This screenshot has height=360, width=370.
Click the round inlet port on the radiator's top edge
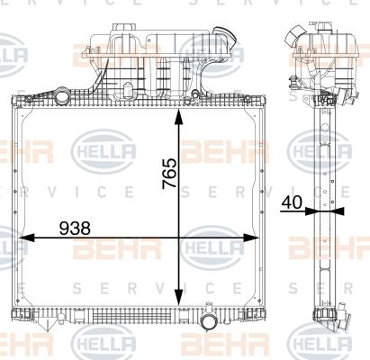coord(62,94)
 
